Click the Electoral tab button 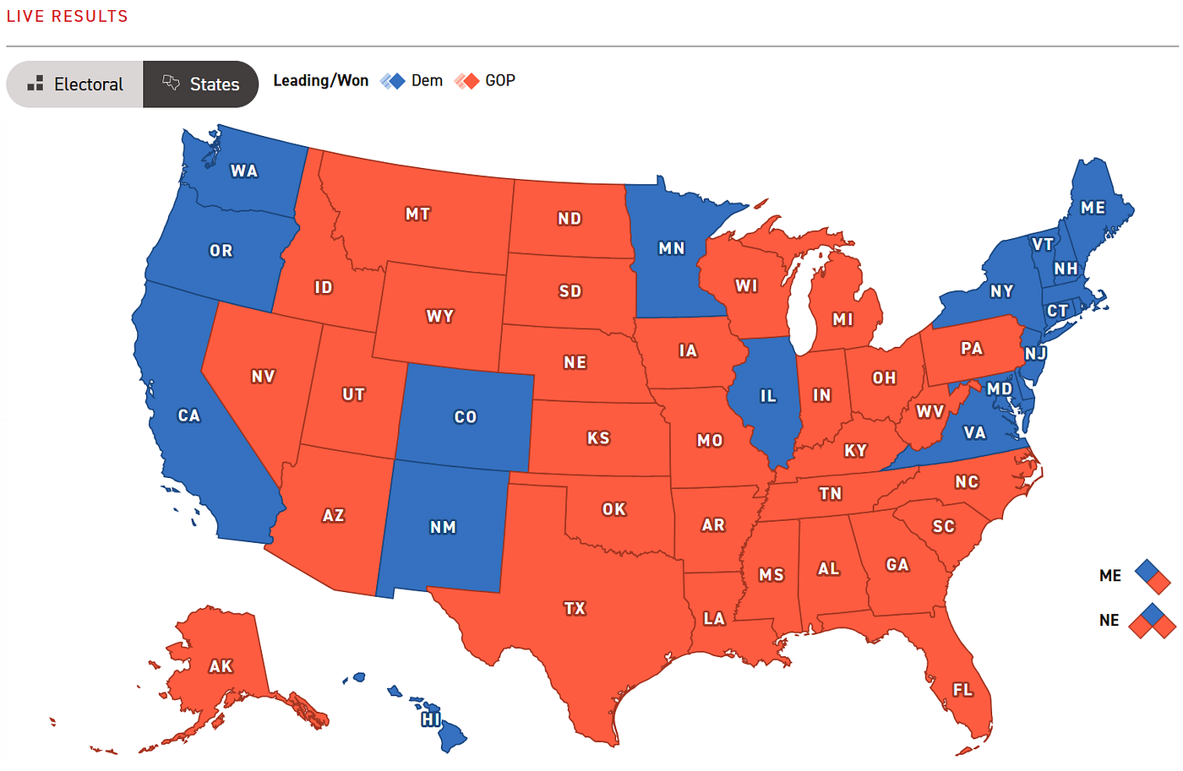[x=75, y=84]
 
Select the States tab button [x=201, y=84]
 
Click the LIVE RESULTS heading [x=68, y=16]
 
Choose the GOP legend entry [x=485, y=81]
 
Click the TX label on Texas [x=575, y=608]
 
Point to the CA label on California [x=188, y=415]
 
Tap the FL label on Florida [x=962, y=690]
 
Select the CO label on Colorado [x=466, y=417]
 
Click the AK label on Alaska [x=221, y=666]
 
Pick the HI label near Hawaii [x=431, y=719]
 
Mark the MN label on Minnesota [x=672, y=248]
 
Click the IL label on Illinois [x=767, y=396]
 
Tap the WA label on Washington [x=244, y=171]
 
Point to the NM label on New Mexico [x=443, y=527]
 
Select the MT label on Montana [x=417, y=214]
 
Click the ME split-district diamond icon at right [x=1153, y=576]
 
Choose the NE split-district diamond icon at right [x=1153, y=621]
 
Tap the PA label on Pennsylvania [x=972, y=349]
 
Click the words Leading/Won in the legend [x=321, y=81]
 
